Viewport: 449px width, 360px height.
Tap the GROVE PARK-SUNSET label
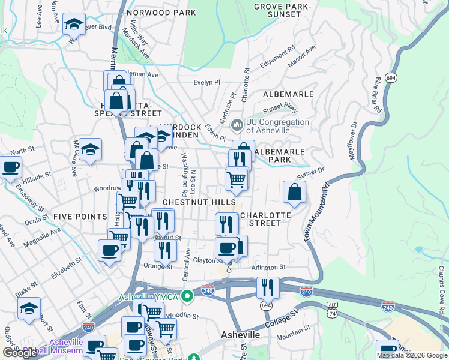(x=277, y=10)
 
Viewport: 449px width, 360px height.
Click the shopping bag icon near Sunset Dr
(x=294, y=192)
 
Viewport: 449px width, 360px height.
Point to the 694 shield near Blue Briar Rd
(x=391, y=78)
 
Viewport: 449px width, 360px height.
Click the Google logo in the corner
(x=20, y=352)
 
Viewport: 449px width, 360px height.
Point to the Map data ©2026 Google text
(x=411, y=355)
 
